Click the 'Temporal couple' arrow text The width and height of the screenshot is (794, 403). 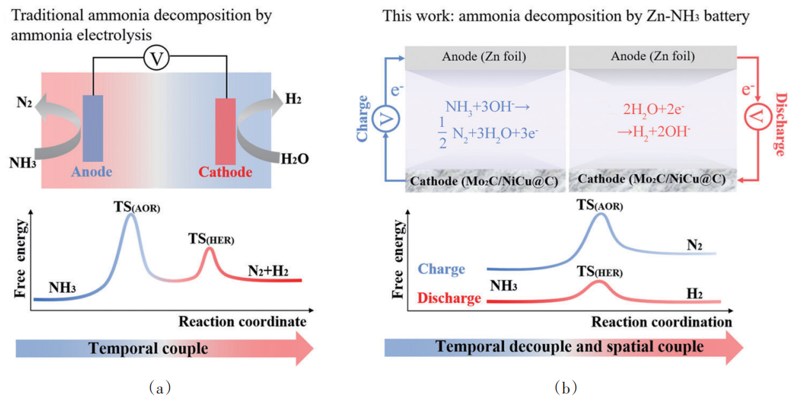pyautogui.click(x=148, y=349)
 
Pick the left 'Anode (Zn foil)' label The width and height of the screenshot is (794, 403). pyautogui.click(x=483, y=56)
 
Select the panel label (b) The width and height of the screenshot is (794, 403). pyautogui.click(x=567, y=387)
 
